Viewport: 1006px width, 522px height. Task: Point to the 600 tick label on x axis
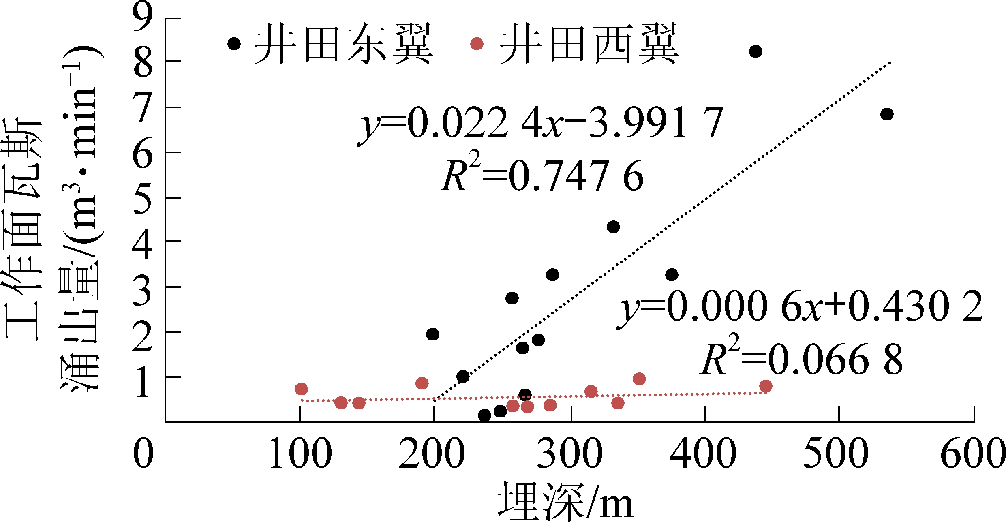(973, 454)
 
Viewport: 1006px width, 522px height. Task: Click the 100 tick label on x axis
(300, 454)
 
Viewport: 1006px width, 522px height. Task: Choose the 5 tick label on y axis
(143, 199)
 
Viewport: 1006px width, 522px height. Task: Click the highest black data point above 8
(756, 51)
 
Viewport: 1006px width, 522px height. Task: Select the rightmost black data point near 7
(887, 114)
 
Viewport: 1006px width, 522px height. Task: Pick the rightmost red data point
(766, 386)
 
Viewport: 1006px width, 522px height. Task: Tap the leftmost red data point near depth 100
(301, 389)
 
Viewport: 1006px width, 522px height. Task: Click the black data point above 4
(613, 227)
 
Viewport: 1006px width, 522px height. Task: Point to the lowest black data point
(484, 415)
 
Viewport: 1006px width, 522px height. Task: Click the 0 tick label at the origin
(143, 454)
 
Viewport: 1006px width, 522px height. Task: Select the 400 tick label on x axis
(703, 454)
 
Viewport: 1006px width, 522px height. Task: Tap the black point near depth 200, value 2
(432, 334)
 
